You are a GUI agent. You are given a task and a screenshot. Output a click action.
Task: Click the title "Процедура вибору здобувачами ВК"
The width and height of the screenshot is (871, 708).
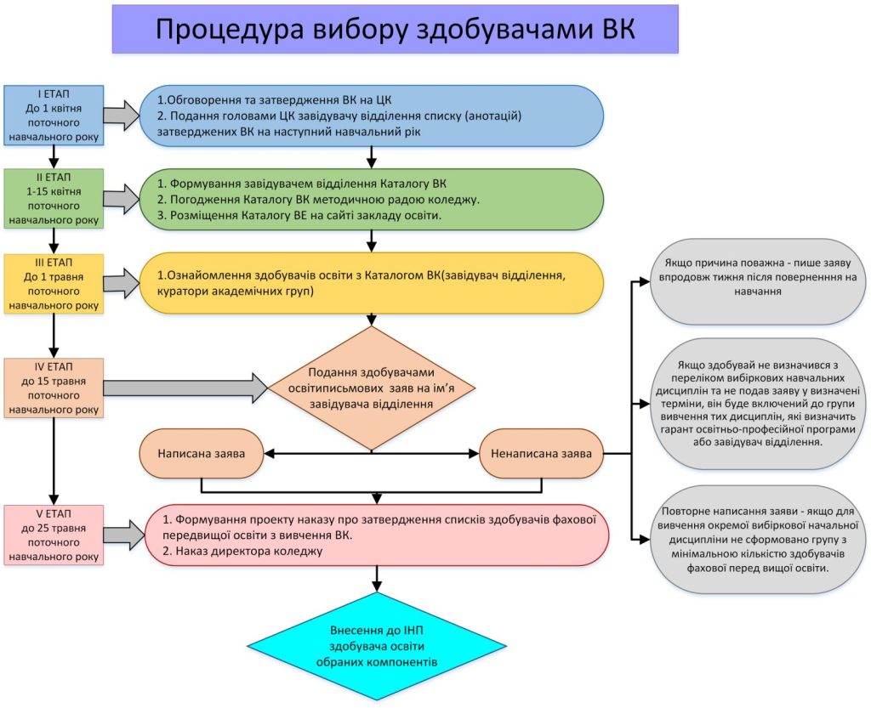(x=396, y=30)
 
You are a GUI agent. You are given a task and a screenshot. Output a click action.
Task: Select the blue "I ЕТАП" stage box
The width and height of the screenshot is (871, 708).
(x=54, y=115)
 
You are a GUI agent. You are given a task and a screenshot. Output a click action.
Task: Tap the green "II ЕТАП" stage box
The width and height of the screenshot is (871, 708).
(x=54, y=197)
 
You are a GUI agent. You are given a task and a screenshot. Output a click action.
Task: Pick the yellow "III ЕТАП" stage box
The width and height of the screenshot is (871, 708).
(x=54, y=283)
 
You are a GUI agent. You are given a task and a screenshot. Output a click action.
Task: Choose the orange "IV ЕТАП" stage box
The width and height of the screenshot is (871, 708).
(x=54, y=388)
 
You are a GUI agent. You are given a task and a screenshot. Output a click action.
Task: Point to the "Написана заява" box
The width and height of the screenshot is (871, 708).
(x=201, y=453)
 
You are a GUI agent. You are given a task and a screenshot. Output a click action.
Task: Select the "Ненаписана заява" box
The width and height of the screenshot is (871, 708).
(x=541, y=453)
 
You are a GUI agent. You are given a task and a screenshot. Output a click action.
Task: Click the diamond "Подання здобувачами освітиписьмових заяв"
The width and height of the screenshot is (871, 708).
(x=371, y=388)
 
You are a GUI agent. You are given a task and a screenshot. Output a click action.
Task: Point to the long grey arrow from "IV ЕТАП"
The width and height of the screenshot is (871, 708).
(x=187, y=388)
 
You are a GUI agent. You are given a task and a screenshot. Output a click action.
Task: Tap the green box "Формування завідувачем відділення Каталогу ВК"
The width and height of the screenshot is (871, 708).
(x=373, y=198)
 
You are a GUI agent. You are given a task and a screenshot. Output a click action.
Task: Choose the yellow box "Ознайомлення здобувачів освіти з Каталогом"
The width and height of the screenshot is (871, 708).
(x=373, y=284)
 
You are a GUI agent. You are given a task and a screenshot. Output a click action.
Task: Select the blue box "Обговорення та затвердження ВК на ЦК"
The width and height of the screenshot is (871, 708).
(x=373, y=116)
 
